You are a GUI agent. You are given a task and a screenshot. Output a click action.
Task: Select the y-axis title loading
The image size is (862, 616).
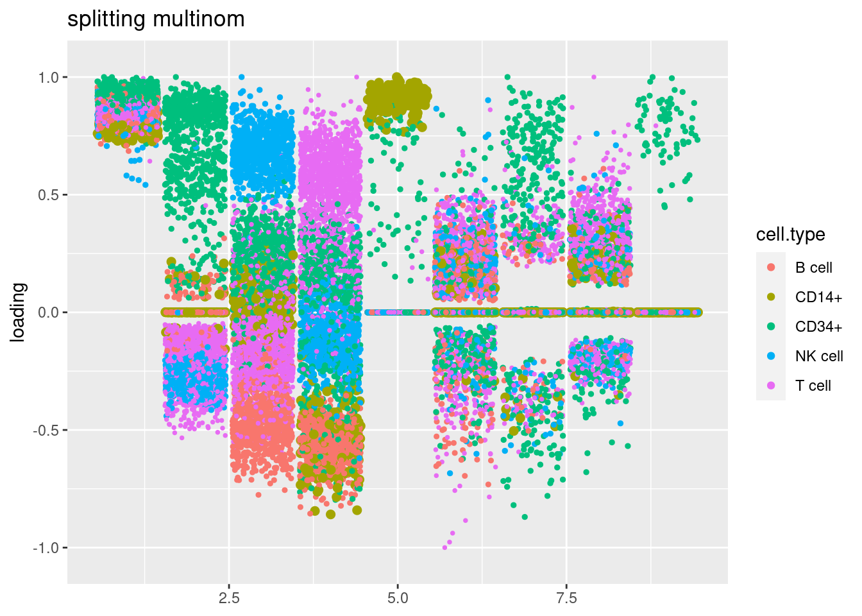18,312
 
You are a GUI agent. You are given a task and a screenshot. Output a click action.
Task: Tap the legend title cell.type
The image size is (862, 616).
790,235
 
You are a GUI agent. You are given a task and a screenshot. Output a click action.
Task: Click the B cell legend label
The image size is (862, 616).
813,268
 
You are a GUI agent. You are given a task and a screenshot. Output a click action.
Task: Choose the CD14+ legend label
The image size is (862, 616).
818,297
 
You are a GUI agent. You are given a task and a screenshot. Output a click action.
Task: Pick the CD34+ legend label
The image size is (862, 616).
818,327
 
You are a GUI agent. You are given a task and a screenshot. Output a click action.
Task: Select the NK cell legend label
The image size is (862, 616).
819,356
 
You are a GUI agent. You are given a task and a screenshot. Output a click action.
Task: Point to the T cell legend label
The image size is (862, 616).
813,386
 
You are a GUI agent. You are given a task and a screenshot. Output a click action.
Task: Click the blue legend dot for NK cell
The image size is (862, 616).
771,356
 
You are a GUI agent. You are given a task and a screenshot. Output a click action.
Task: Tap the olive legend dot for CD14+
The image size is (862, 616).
771,297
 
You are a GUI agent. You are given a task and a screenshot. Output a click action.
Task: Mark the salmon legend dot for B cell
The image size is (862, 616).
771,268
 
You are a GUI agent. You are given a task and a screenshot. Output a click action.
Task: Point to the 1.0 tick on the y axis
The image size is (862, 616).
49,78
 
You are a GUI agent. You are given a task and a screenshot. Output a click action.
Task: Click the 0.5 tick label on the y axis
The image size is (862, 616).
49,195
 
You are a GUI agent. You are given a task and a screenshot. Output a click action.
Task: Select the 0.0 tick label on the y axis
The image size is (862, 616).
49,312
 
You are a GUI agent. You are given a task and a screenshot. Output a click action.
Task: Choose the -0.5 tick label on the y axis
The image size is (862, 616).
47,430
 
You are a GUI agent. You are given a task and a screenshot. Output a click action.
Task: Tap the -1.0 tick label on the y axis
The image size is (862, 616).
47,548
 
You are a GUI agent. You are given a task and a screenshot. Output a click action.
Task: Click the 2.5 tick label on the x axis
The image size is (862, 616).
229,599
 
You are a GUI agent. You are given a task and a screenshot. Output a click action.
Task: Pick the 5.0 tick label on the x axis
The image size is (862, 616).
398,599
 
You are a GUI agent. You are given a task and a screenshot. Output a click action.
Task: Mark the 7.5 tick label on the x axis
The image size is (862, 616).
566,599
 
